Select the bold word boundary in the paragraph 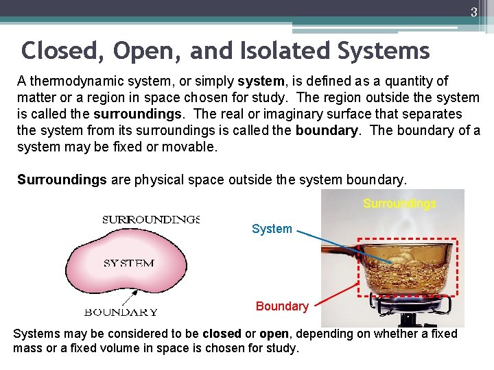pos(327,130)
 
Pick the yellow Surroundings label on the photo pos(399,204)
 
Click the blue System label pos(272,229)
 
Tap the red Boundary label pos(281,306)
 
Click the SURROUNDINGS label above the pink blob pos(151,220)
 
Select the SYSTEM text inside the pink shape pos(129,263)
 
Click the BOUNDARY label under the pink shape pos(121,312)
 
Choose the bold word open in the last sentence pos(274,334)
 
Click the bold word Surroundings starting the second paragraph pos(62,180)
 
